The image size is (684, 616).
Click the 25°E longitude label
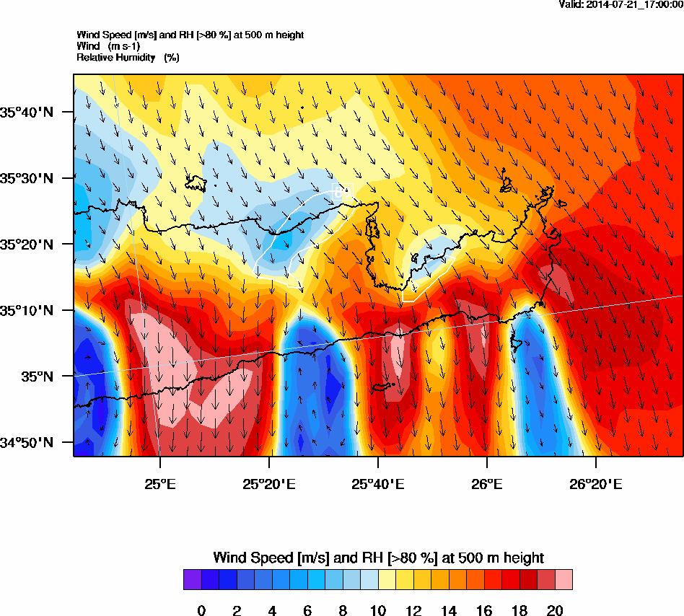159,483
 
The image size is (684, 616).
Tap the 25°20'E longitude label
268,483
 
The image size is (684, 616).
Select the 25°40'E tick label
377,483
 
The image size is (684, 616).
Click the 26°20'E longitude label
595,483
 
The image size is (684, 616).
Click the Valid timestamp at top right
621,5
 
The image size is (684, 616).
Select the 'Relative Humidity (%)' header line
128,57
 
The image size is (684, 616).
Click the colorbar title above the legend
378,558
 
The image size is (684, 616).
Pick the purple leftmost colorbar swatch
192,580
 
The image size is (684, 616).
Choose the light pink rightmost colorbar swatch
564,580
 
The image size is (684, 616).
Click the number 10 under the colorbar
378,611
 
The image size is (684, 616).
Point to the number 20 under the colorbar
555,611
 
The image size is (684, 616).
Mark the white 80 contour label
341,192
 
